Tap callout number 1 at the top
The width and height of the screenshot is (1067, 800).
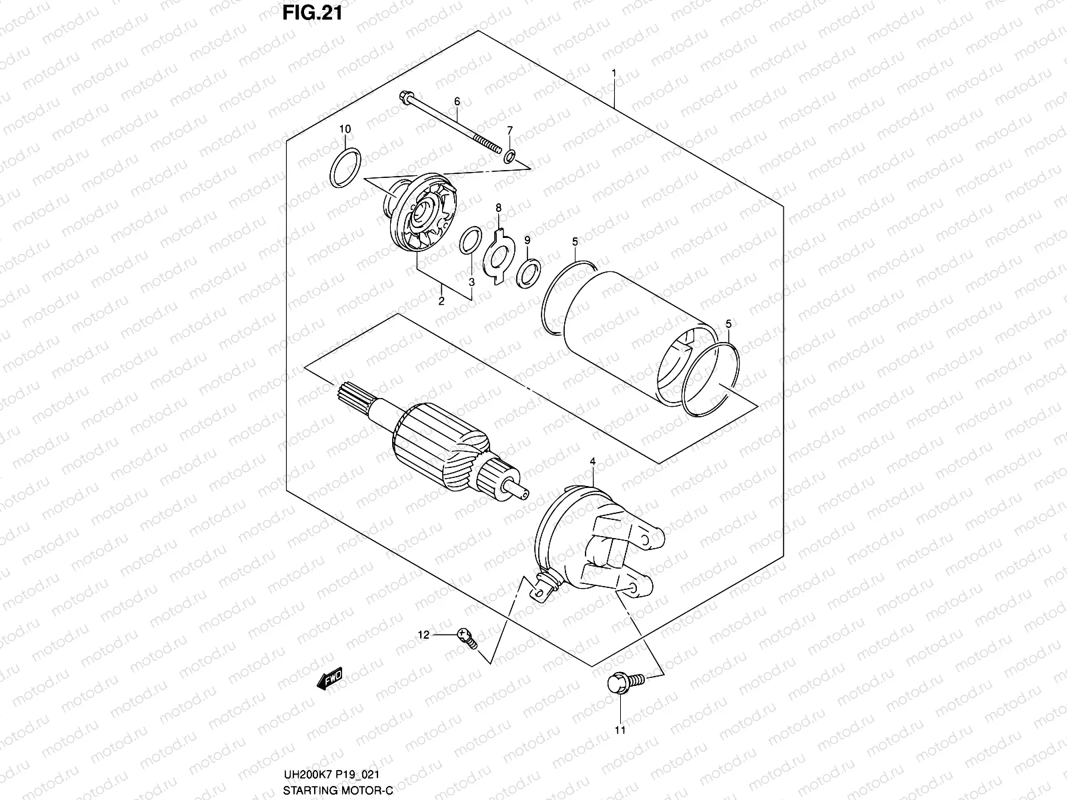614,72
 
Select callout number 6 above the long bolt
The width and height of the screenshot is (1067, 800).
457,101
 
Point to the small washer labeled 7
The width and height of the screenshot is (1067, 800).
509,157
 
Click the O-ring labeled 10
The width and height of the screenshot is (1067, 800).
346,170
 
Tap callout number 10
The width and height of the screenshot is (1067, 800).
345,129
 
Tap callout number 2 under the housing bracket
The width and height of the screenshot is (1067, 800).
441,301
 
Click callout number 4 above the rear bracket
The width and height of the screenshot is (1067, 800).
592,461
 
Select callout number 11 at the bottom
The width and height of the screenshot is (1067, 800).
620,731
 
